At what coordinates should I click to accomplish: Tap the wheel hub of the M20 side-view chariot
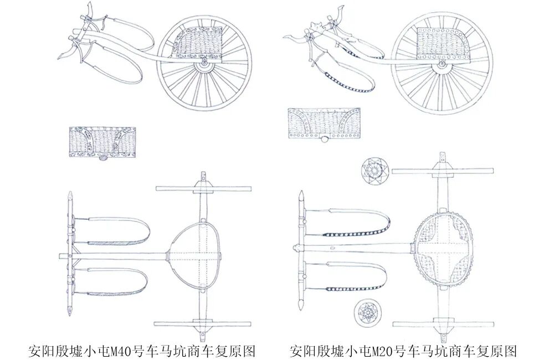442,65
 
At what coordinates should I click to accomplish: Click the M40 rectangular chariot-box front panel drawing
103,141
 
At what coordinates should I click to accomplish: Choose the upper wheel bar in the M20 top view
443,170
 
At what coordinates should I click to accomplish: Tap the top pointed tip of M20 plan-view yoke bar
300,195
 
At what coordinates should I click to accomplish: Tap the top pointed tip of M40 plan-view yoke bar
70,195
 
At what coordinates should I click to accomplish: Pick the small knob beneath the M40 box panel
102,159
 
